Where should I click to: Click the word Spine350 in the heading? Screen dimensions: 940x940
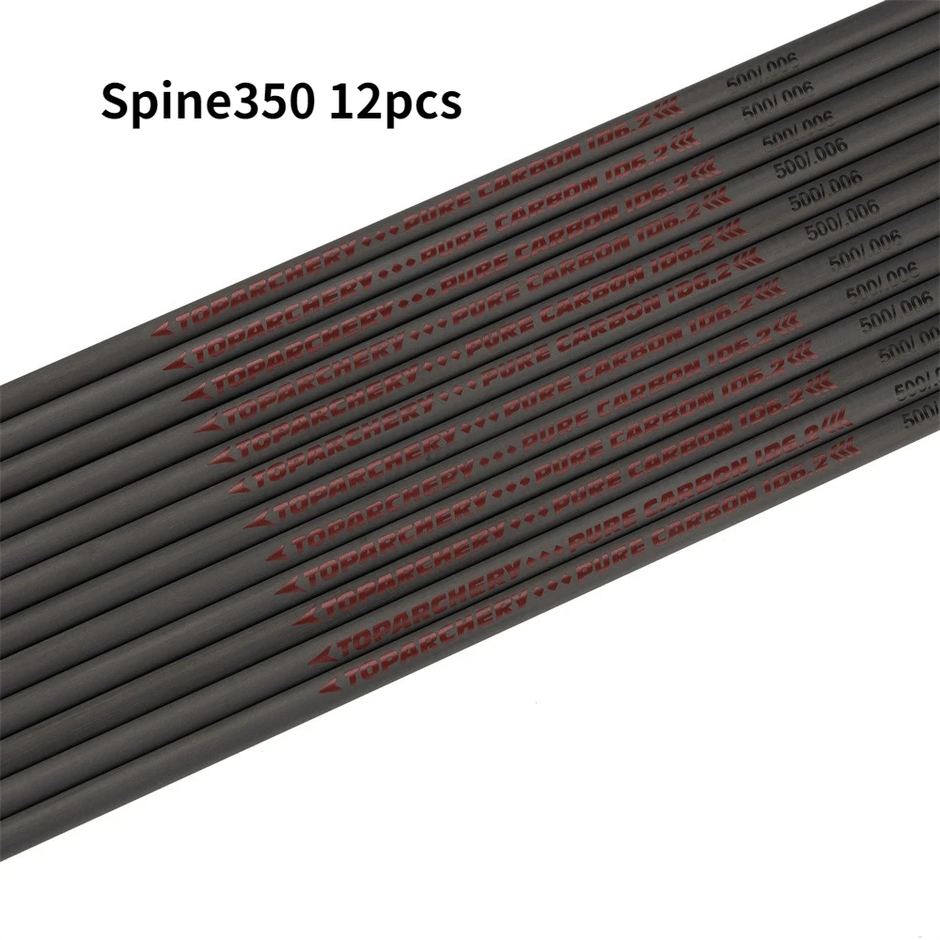[x=208, y=102]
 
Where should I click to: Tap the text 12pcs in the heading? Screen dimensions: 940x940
[x=395, y=102]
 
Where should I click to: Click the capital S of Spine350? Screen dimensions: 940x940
[x=116, y=101]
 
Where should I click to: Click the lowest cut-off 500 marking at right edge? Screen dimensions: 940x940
[x=921, y=415]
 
